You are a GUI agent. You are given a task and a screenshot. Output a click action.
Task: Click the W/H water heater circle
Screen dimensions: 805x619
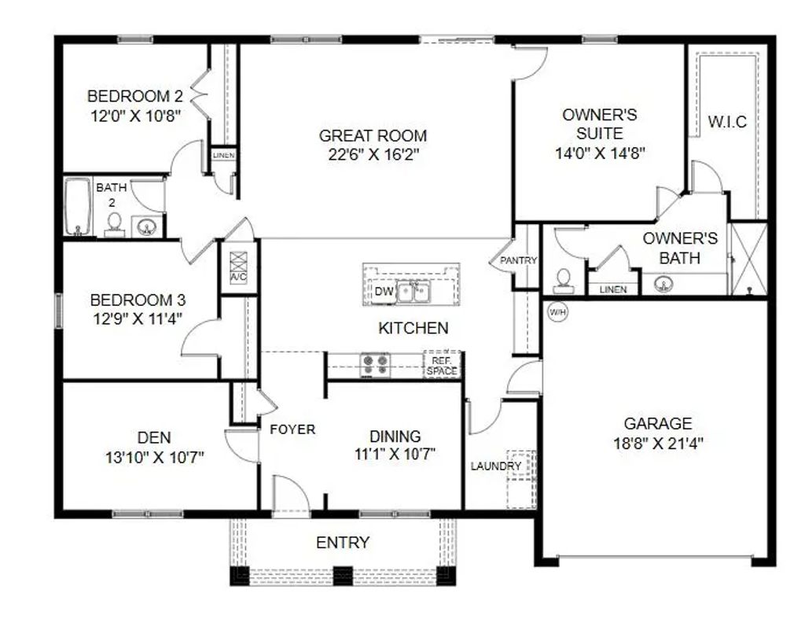pos(557,311)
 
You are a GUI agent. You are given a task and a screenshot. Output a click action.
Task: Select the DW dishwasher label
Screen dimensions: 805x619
pos(384,292)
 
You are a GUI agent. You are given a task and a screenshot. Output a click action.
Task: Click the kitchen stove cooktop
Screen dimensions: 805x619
pos(375,365)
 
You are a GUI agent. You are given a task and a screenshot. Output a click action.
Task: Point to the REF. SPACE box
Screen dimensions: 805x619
pos(442,366)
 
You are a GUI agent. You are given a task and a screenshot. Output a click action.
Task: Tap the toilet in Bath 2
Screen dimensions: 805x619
pos(114,225)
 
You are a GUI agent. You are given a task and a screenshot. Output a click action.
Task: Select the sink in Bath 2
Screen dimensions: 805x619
pos(147,226)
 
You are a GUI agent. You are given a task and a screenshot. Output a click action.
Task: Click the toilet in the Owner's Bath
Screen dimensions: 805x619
pos(564,281)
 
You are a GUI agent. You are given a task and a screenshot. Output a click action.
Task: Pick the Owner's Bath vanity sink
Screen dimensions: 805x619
pos(664,284)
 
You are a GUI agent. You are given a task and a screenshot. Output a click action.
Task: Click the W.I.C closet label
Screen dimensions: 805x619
pos(727,122)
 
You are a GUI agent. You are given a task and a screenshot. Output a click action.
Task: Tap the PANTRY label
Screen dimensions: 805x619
pos(519,260)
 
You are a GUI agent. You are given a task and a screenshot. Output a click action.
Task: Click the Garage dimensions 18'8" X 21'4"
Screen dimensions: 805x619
pos(658,443)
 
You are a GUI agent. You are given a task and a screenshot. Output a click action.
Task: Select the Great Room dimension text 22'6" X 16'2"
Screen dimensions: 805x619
pos(373,154)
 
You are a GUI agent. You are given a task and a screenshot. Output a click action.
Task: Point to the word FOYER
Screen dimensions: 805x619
pos(292,429)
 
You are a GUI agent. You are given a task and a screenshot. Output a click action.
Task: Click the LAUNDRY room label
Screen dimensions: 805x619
pos(496,466)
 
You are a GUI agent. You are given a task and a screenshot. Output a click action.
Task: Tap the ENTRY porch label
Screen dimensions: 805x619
pos(343,543)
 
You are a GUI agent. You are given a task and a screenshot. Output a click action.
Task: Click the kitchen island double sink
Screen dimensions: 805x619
pos(414,293)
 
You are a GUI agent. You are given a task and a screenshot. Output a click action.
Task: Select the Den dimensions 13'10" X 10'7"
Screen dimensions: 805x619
pos(155,457)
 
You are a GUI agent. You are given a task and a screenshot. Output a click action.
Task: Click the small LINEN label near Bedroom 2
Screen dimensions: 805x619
pos(224,155)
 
